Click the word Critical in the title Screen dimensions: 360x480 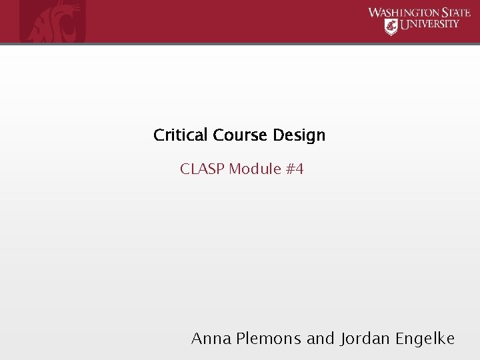point(182,135)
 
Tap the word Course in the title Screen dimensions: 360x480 point(241,135)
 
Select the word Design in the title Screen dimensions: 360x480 point(299,136)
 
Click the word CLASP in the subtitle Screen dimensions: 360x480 point(202,169)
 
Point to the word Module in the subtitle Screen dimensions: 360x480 point(255,169)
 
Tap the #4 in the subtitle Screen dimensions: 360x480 point(295,169)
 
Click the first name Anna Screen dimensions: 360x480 point(211,339)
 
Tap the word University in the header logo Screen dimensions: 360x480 point(429,25)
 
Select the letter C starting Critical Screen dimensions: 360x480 point(159,135)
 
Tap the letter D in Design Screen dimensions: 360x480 point(277,135)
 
